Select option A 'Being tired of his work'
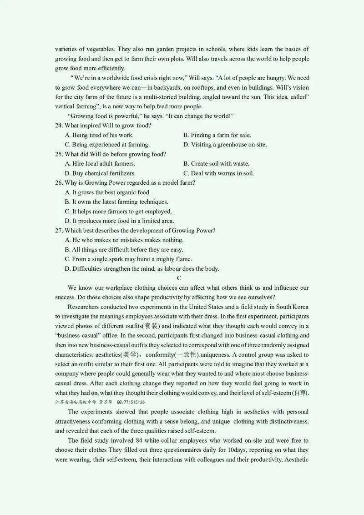tap(99, 135)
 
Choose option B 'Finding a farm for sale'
tap(217, 135)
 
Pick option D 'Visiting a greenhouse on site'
tap(225, 145)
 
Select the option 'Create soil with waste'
tap(216, 164)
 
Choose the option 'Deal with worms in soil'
tap(218, 173)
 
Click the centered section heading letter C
tap(179, 278)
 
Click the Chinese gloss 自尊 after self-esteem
tap(300, 393)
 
